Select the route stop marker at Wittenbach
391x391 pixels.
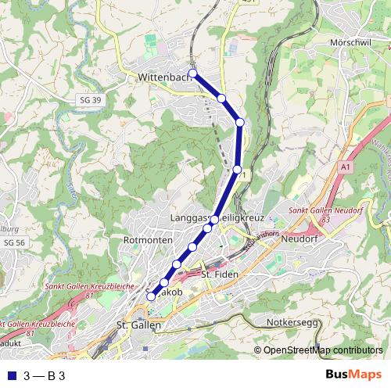[x=193, y=74]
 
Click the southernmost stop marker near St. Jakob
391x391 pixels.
[x=151, y=296]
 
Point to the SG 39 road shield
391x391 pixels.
[x=91, y=100]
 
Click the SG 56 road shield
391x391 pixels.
[x=14, y=243]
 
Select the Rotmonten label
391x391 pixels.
[x=148, y=239]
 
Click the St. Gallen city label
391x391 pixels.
[x=138, y=325]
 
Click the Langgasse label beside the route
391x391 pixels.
[x=188, y=216]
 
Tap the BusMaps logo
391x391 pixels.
[x=354, y=375]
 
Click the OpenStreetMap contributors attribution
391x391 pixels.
[x=318, y=350]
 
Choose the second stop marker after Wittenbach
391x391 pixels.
[x=240, y=122]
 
